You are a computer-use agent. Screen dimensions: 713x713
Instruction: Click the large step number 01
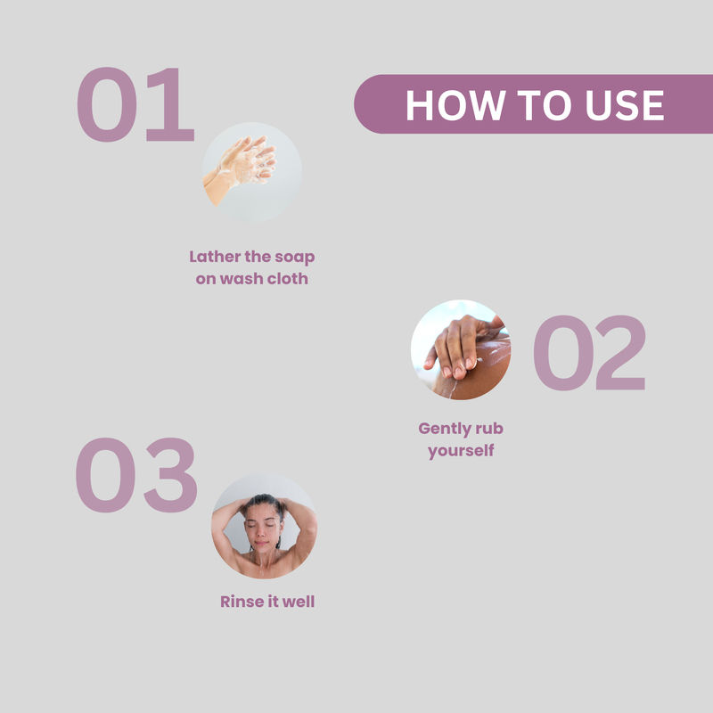(x=135, y=104)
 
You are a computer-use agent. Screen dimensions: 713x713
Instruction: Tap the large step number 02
(x=589, y=352)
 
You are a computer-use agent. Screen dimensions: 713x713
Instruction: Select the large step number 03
(x=136, y=475)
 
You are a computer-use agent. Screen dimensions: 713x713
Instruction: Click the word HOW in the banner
(x=455, y=105)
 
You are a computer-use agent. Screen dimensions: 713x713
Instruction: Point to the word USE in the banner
(x=625, y=105)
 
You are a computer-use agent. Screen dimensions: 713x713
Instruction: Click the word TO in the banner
(x=545, y=105)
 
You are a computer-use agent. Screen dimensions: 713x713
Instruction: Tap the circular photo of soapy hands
(x=252, y=172)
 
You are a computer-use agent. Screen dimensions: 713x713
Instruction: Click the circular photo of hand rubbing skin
(x=461, y=349)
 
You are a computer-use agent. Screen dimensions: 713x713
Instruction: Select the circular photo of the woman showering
(x=264, y=527)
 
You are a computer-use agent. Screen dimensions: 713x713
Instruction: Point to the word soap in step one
(x=294, y=258)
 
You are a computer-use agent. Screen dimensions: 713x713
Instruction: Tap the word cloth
(x=287, y=278)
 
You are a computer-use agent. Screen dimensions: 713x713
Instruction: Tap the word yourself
(x=461, y=451)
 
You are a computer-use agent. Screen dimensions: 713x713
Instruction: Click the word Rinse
(x=240, y=602)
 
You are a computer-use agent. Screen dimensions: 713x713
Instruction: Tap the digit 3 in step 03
(x=170, y=475)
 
